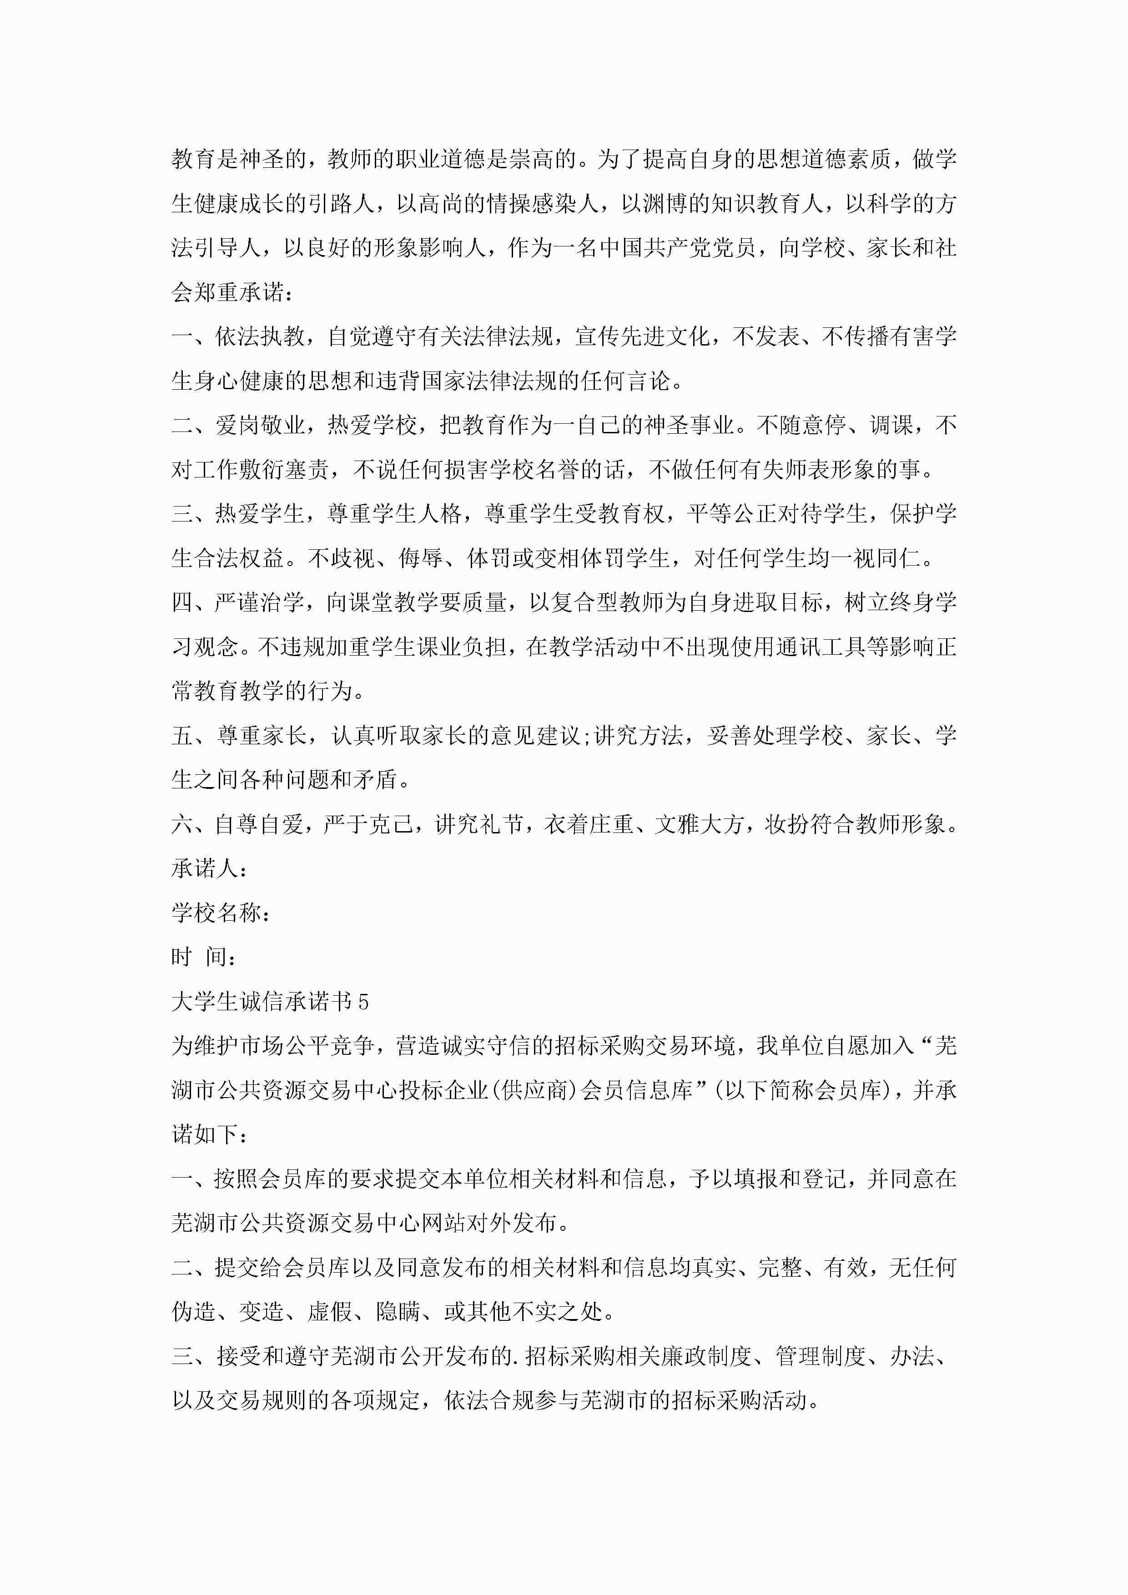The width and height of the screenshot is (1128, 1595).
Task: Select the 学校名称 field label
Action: pyautogui.click(x=216, y=913)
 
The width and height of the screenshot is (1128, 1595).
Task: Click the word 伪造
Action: pyautogui.click(x=194, y=1312)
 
